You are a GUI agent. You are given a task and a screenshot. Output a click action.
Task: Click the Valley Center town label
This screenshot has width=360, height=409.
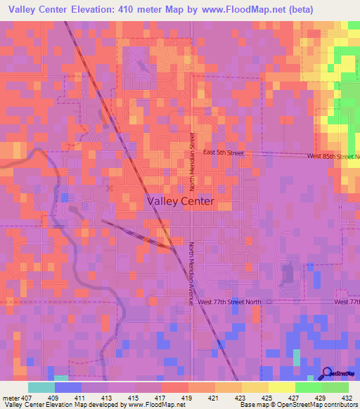point(181,201)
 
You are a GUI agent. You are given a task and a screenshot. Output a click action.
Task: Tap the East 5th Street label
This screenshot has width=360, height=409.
point(223,152)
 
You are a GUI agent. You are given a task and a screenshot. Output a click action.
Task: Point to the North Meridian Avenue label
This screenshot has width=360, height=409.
point(190,273)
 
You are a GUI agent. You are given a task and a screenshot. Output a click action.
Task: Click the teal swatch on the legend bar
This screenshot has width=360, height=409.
point(41,387)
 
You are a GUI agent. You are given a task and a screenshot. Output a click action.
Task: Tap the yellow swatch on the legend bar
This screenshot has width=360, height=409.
point(281,387)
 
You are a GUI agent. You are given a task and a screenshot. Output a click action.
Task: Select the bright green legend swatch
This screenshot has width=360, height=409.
point(308,387)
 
